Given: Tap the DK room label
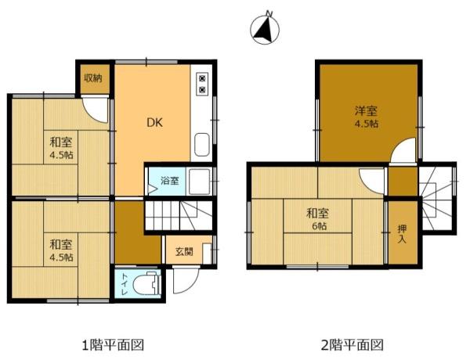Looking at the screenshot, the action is tap(154, 122).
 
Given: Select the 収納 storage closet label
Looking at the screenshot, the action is tap(93, 78).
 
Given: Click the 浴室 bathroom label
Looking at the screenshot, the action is tap(170, 181).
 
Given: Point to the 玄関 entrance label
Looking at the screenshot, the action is tap(184, 251).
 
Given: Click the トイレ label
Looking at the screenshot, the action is tap(123, 284).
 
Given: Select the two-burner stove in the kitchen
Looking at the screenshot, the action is tap(203, 85).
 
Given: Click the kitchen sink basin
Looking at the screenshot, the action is tap(202, 144).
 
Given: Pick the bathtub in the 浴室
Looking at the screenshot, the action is tap(199, 182).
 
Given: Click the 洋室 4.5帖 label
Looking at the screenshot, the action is tap(366, 117).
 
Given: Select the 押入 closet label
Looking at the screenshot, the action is tap(402, 234).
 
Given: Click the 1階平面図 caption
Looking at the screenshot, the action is tap(114, 344).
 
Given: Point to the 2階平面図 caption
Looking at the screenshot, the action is tap(352, 344).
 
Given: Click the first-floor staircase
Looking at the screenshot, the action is tap(179, 215).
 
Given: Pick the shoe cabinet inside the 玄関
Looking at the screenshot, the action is tap(207, 254).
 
